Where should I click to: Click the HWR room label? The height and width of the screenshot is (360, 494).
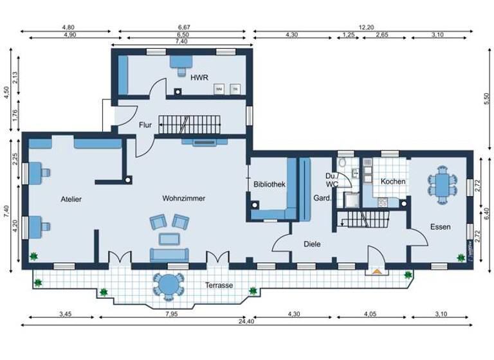[199, 77]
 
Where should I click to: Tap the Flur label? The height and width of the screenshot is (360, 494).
[145, 125]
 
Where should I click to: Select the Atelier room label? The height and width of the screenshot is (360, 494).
[71, 199]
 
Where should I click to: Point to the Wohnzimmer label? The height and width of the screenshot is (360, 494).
[183, 199]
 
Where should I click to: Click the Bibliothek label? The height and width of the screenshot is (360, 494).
[269, 184]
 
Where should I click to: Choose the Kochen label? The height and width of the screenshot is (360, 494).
[393, 181]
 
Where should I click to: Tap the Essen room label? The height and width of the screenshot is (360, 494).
[441, 227]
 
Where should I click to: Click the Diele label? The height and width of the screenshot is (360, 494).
[312, 244]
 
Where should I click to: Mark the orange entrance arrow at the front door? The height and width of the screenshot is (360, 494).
[377, 271]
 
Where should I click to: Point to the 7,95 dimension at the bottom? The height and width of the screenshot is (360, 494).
[171, 314]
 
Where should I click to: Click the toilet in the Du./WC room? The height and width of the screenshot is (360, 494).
[344, 163]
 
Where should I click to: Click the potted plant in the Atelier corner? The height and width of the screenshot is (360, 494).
[33, 256]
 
